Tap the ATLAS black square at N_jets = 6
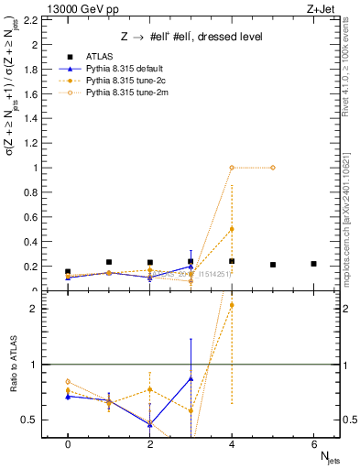(314, 264)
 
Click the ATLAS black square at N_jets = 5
(273, 265)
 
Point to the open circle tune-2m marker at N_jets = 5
(273, 168)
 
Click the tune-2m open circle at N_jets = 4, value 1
(232, 168)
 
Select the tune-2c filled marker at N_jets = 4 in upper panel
(232, 229)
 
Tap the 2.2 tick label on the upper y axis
(33, 19)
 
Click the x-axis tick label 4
(232, 444)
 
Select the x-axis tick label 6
(314, 444)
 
